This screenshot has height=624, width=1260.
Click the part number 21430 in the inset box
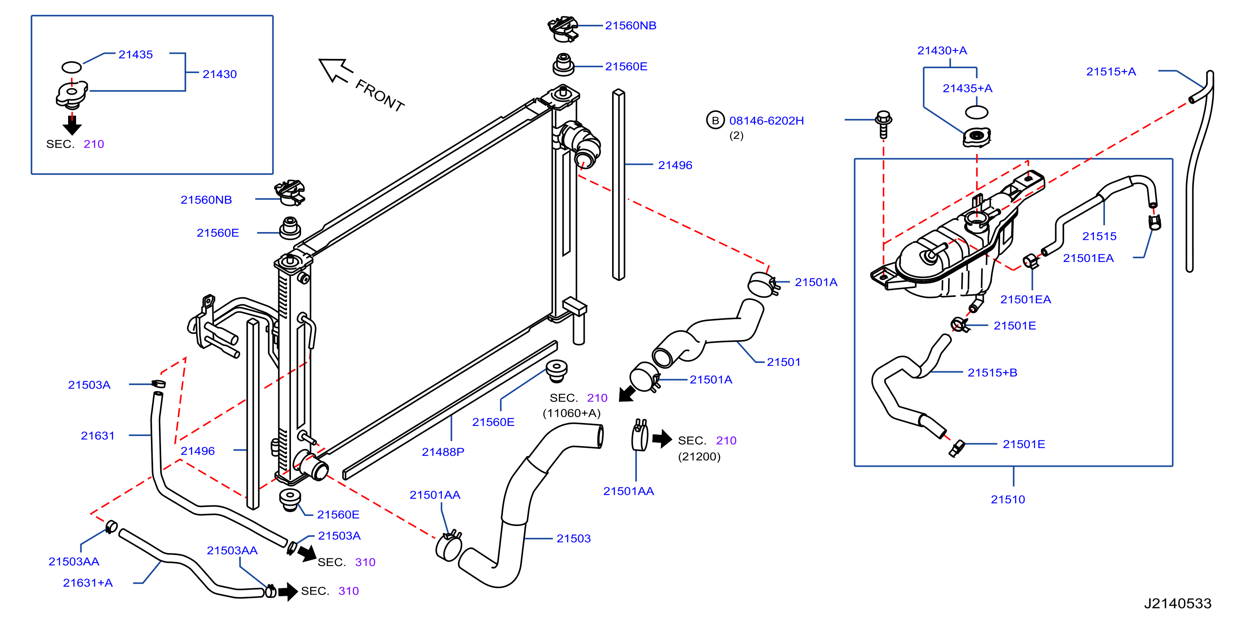point(219,74)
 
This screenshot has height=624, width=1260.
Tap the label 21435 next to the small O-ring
point(135,54)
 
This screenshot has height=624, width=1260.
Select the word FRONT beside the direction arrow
point(380,95)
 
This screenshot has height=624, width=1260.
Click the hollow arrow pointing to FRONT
point(335,70)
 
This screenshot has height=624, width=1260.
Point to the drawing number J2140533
point(1177,603)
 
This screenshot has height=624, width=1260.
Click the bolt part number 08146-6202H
point(766,120)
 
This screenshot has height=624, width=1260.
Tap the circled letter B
point(715,120)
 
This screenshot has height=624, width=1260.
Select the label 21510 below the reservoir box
point(1008,499)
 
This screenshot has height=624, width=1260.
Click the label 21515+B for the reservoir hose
point(993,373)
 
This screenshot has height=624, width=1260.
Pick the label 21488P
point(443,452)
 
